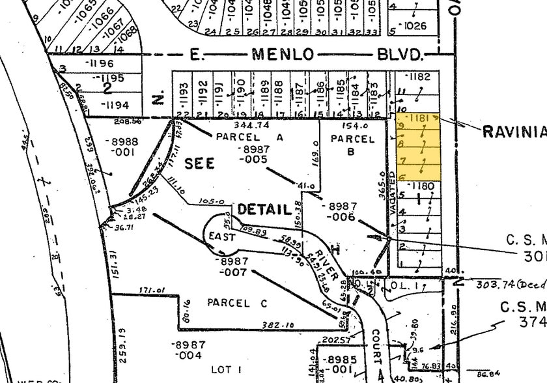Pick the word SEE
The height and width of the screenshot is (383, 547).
click(x=199, y=163)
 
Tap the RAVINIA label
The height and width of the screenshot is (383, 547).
click(x=512, y=132)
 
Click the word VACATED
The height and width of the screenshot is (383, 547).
click(x=392, y=195)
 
